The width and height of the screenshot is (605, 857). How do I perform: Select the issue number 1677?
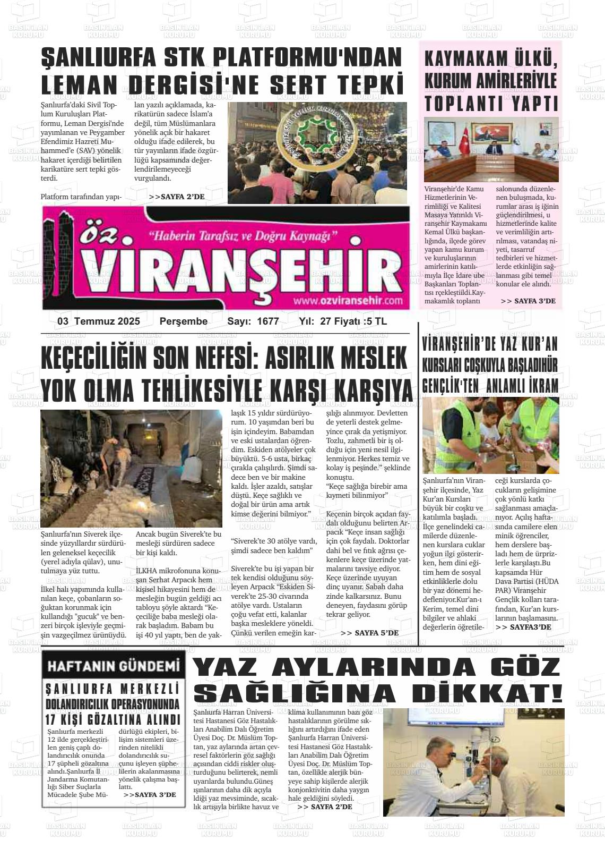[268, 321]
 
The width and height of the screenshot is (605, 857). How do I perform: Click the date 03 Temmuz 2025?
[99, 321]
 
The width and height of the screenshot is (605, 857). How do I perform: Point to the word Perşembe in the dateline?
[184, 321]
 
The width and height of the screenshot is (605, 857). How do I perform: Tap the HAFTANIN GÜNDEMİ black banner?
[114, 666]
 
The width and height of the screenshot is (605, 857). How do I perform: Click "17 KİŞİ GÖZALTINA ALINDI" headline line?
[114, 720]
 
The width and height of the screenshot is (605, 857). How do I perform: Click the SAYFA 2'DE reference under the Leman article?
[177, 197]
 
